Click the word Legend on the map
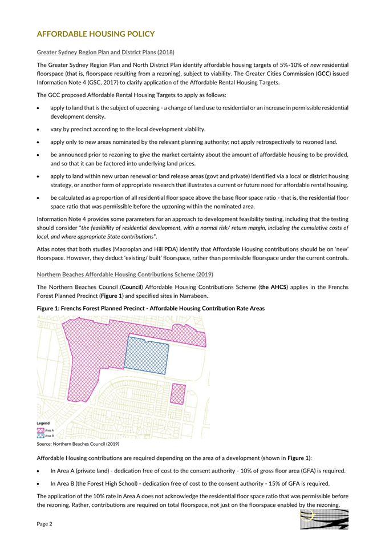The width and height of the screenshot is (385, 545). click(x=43, y=423)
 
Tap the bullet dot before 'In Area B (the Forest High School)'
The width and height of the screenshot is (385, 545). click(x=39, y=483)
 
